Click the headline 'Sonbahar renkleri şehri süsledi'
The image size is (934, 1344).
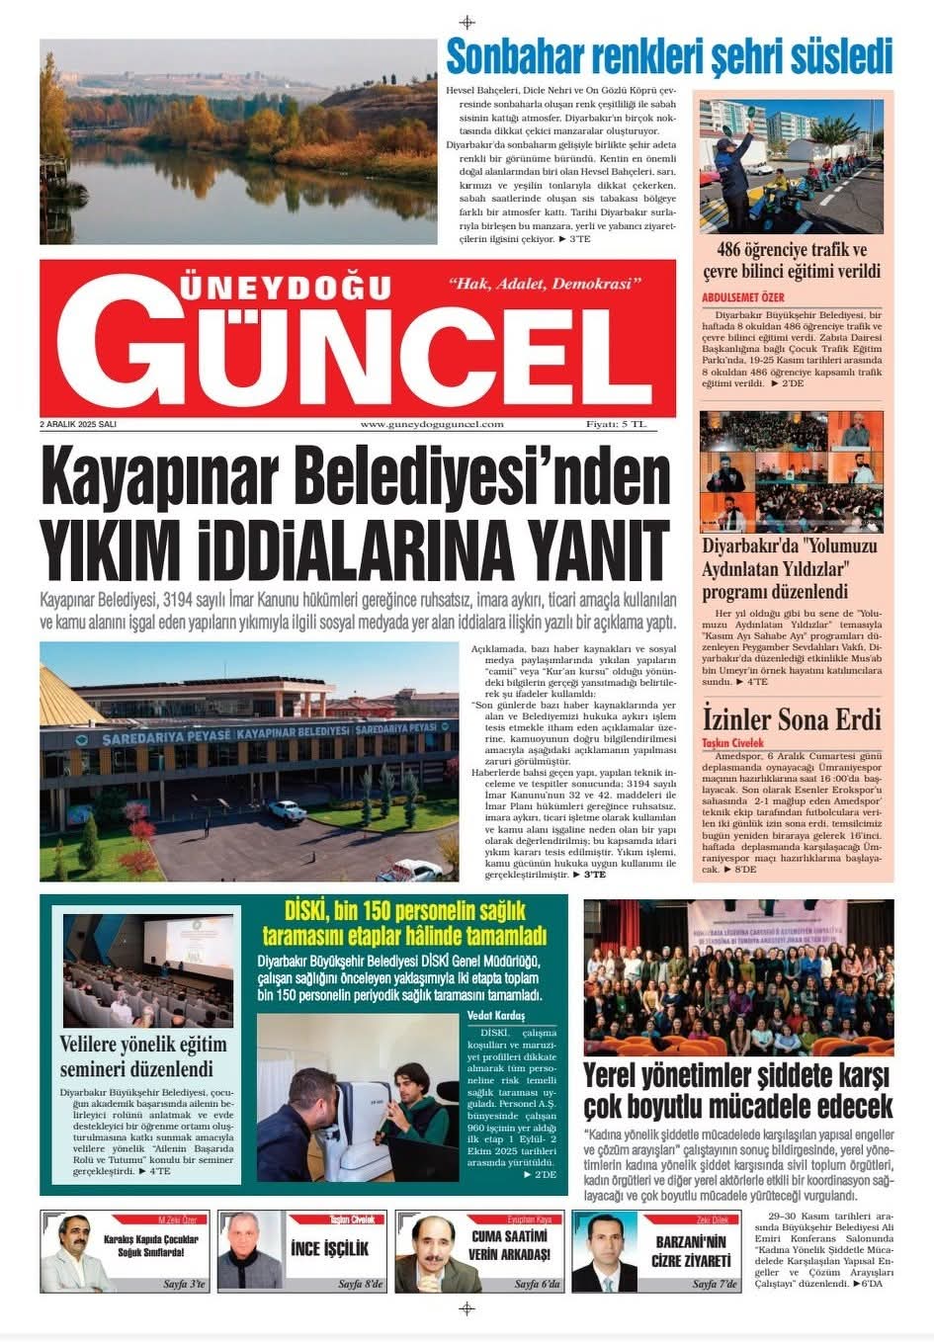click(x=669, y=57)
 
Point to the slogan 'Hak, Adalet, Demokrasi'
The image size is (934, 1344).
click(x=545, y=285)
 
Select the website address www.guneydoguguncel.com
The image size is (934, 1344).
click(x=432, y=424)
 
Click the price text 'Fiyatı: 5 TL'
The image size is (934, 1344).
click(x=616, y=424)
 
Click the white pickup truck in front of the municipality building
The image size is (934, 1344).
click(x=286, y=809)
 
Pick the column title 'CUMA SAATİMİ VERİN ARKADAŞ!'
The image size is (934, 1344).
click(x=508, y=1245)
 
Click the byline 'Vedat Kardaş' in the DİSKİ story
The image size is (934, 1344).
click(x=496, y=1015)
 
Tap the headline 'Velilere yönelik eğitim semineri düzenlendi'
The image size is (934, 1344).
click(x=143, y=1055)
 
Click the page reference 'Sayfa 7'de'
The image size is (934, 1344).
click(x=715, y=1284)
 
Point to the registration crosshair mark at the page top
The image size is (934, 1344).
click(x=467, y=22)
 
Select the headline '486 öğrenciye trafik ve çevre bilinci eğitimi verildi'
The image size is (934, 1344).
click(x=792, y=261)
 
